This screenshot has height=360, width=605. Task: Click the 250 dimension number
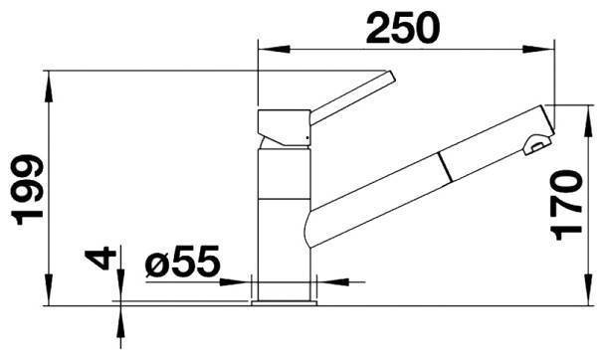(402, 28)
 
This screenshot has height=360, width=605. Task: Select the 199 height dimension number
(27, 190)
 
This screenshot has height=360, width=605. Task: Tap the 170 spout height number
(566, 205)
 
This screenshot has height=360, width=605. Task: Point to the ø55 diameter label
(182, 262)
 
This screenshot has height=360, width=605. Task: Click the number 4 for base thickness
(101, 259)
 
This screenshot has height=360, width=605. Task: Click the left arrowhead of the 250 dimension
(275, 50)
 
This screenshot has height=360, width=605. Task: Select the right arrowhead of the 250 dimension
(538, 50)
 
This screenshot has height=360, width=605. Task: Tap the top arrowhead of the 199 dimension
(49, 87)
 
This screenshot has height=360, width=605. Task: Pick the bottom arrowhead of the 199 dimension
(49, 289)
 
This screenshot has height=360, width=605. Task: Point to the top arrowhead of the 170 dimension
(588, 121)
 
